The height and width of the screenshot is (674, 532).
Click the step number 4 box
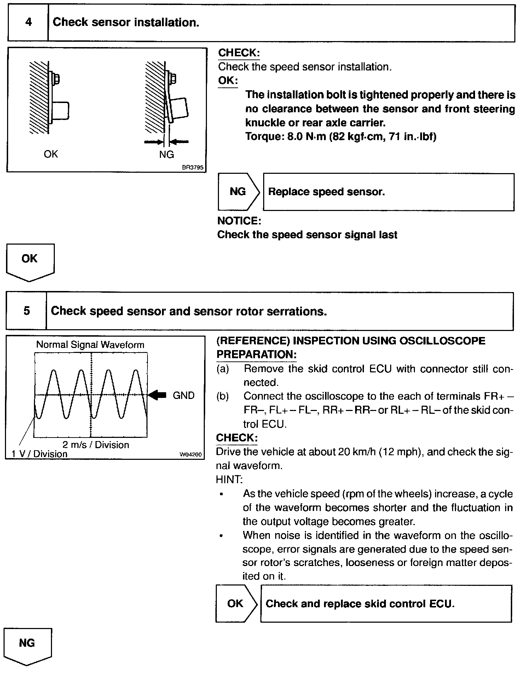click(x=28, y=23)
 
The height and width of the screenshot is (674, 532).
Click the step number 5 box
click(x=27, y=311)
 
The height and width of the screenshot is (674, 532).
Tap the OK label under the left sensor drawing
click(x=51, y=154)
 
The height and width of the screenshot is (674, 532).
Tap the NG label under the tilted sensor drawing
click(x=167, y=154)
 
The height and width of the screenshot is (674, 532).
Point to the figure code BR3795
click(x=193, y=167)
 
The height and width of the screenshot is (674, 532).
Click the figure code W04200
click(x=191, y=455)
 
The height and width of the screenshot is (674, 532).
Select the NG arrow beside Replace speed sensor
click(x=238, y=192)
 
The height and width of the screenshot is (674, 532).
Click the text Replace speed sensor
click(x=326, y=192)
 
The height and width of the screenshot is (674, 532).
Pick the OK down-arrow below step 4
click(x=30, y=261)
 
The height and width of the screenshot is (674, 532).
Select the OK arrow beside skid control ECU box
click(x=236, y=604)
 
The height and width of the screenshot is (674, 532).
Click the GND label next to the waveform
click(x=184, y=395)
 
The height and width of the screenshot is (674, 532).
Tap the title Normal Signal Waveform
click(x=90, y=345)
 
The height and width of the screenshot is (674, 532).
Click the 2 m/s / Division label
click(x=96, y=445)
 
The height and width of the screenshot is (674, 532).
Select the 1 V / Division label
click(x=39, y=454)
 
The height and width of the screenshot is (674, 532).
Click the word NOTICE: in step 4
click(x=239, y=221)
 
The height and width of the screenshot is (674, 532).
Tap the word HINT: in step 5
click(x=229, y=479)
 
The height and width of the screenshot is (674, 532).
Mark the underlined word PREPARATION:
click(x=256, y=355)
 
